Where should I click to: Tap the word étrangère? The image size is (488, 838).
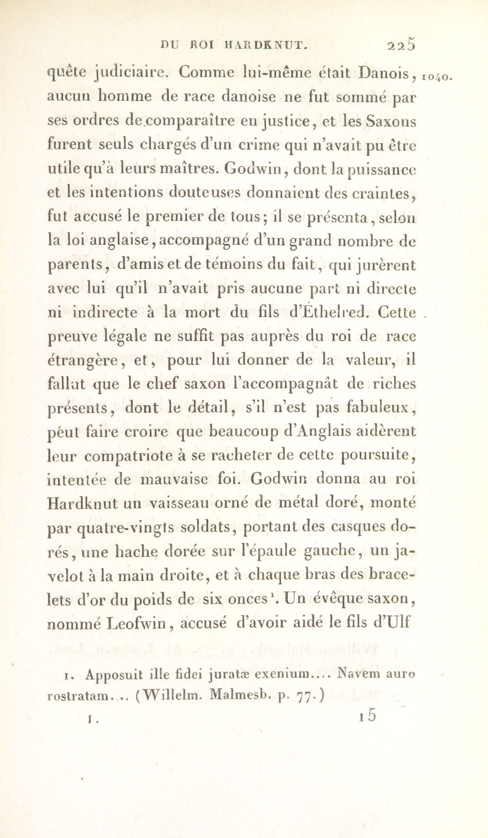[84, 361]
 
